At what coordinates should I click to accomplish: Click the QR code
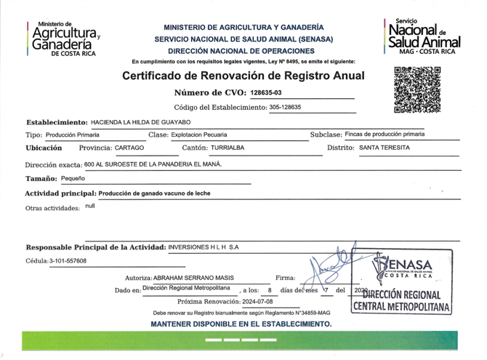(x=417, y=90)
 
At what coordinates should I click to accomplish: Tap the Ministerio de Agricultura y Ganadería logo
(x=65, y=39)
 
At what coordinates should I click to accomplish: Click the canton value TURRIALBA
(x=223, y=148)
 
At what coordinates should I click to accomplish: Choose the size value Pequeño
(x=73, y=178)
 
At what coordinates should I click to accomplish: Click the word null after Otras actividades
(x=90, y=207)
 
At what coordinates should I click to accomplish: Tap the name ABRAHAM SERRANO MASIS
(x=198, y=278)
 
